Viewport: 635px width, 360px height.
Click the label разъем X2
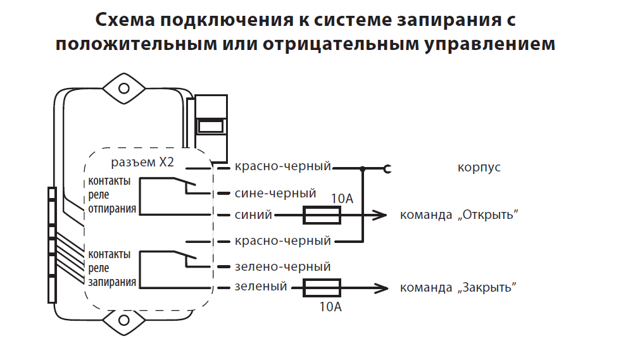(142, 162)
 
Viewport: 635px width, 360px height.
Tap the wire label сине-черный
(275, 194)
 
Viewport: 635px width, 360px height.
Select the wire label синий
(253, 214)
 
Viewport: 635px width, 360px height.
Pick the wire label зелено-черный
(282, 266)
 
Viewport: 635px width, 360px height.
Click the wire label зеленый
(261, 287)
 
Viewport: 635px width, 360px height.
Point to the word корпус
(479, 168)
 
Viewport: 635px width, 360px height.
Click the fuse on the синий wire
(322, 215)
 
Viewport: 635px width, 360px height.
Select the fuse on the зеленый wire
(322, 288)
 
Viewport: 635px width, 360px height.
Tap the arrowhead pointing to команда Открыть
(380, 215)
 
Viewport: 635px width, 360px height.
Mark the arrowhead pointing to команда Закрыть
(381, 288)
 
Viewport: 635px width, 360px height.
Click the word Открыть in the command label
(488, 214)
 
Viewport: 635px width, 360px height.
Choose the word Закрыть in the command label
(487, 287)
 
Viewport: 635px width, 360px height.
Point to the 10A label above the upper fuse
(343, 199)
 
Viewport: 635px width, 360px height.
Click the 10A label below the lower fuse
(330, 307)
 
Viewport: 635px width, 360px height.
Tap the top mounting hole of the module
(124, 89)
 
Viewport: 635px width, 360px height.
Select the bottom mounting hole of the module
(124, 321)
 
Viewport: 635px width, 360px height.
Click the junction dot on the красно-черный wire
(363, 168)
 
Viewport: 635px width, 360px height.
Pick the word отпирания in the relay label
(112, 209)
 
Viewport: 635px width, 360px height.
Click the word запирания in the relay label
(112, 282)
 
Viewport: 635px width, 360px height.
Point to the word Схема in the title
(125, 20)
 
